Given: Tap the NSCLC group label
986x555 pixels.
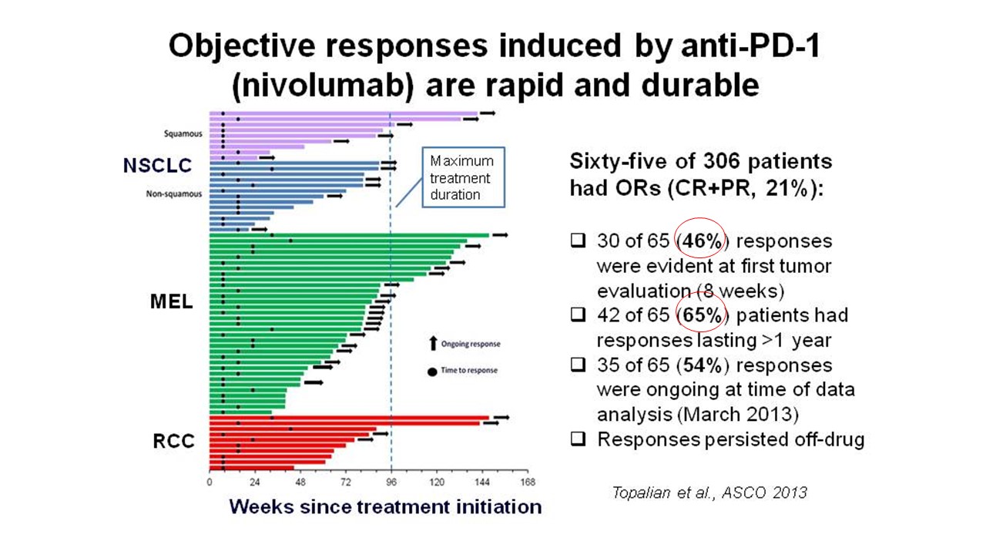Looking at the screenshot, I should click(157, 165).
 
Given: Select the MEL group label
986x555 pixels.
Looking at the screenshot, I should click(171, 301).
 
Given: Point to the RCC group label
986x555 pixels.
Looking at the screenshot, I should click(173, 441).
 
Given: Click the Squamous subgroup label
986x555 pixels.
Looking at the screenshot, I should click(183, 133).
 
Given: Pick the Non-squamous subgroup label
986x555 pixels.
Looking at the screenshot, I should click(174, 193).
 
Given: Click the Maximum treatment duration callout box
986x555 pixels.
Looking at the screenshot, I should click(463, 178).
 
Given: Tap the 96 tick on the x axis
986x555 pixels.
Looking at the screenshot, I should click(391, 483).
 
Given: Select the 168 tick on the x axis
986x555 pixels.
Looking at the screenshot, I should click(528, 483).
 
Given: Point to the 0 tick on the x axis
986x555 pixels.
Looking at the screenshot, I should click(210, 483).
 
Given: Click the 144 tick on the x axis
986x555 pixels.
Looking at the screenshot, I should click(482, 483).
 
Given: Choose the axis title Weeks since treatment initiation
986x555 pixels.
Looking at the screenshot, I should click(385, 506).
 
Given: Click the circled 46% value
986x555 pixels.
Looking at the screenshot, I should click(701, 241).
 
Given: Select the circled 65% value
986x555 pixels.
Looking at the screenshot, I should click(701, 315).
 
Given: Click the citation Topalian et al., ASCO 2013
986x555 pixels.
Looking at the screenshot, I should click(709, 492).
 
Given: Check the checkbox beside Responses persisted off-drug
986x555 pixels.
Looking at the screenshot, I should click(577, 439).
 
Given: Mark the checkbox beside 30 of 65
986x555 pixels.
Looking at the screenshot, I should click(577, 241).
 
